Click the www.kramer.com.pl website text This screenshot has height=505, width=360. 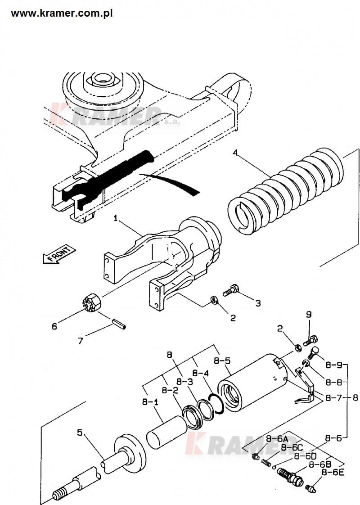tap(62, 14)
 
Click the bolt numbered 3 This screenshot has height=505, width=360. tap(230, 290)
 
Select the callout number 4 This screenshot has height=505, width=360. tap(236, 152)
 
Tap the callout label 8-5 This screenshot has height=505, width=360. tap(222, 361)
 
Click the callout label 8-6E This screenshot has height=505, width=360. tap(333, 473)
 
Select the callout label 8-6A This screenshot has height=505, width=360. tap(277, 439)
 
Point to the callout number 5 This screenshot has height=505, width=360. tap(80, 432)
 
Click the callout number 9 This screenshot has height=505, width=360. tap(309, 314)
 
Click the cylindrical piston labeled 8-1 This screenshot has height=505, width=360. tap(167, 433)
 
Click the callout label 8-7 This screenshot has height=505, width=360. tap(333, 398)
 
